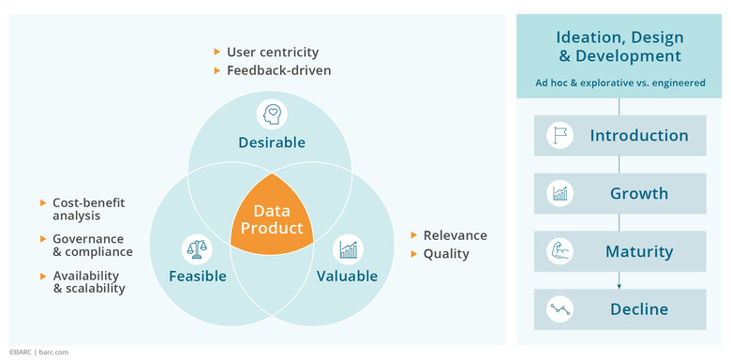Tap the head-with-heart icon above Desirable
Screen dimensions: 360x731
[271, 114]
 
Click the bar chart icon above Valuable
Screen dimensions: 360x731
[349, 249]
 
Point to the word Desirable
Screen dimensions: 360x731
[271, 142]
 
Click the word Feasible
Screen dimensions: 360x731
[198, 276]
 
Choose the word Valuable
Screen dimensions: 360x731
[347, 276]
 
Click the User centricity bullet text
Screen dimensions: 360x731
[273, 52]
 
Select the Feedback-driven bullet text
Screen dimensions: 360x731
[278, 70]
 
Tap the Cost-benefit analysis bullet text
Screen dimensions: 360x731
[88, 209]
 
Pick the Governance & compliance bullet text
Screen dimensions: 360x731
[92, 246]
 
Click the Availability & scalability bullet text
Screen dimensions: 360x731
[89, 281]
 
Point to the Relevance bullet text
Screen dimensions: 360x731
[455, 235]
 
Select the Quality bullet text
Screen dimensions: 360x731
[446, 253]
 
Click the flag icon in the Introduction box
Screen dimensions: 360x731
[560, 136]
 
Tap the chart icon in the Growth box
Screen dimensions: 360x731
[560, 194]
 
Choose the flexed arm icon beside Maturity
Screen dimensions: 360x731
[560, 251]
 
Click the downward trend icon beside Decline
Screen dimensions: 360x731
[560, 308]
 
